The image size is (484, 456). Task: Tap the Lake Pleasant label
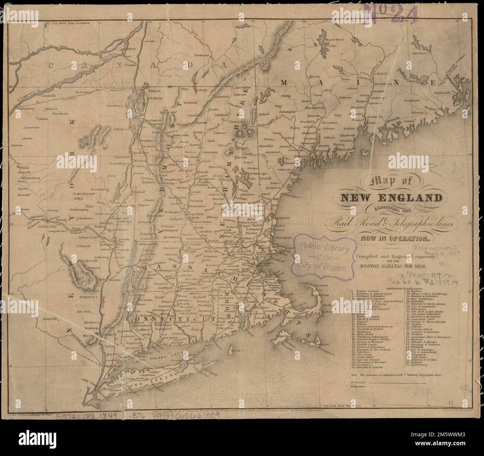[85, 194]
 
